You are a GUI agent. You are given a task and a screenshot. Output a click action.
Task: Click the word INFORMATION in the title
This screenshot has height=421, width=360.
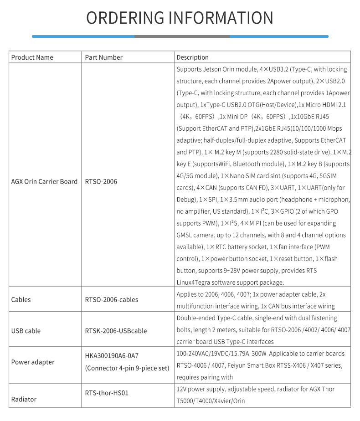pos(221,18)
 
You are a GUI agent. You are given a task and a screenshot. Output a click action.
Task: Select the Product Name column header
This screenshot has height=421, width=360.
pos(32,57)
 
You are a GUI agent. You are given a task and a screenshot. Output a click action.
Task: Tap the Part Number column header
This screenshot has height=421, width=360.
pos(104,57)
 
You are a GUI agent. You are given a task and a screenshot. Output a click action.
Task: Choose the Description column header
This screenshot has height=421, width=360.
pos(192,57)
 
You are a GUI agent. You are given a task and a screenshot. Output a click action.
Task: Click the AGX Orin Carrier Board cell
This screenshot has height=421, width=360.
pos(44,181)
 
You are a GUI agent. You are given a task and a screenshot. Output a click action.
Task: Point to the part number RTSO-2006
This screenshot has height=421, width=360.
pos(101,181)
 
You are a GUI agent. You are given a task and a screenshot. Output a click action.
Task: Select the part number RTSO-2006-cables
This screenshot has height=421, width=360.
pos(112,300)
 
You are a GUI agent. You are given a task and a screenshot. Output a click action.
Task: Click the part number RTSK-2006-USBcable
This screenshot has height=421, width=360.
pos(116,331)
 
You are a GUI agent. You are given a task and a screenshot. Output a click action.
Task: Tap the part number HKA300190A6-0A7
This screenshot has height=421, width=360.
pos(112,356)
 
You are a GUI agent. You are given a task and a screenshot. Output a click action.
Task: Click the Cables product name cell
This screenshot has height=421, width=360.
pos(21,300)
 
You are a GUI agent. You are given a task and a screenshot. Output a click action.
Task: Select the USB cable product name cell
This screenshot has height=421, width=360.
pos(26,331)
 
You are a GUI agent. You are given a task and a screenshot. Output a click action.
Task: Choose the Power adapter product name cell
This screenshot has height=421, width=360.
pos(33,362)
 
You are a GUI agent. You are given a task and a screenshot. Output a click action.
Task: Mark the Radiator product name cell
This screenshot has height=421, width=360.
pos(24,399)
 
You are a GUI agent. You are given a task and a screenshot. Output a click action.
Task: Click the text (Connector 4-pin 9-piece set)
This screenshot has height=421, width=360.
pos(127,368)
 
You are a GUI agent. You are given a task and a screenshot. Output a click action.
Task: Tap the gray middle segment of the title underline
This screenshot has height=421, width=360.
pos(182,36)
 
